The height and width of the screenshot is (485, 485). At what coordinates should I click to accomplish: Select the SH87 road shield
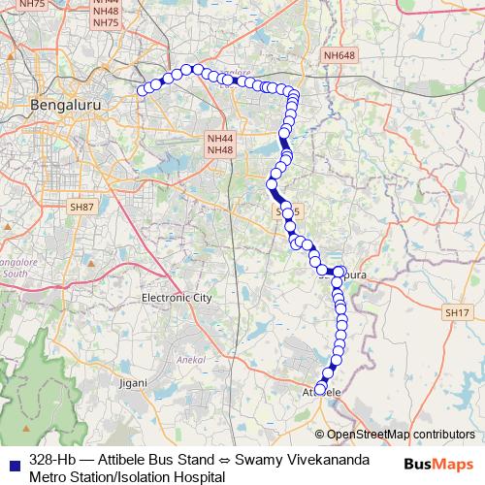pyautogui.click(x=81, y=207)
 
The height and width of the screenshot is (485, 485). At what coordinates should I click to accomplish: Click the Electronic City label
pyautogui.click(x=176, y=298)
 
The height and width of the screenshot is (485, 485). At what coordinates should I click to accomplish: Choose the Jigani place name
pyautogui.click(x=133, y=384)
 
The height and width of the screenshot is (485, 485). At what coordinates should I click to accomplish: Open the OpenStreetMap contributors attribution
pyautogui.click(x=401, y=435)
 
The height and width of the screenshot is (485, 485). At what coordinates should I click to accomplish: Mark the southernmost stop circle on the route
pyautogui.click(x=321, y=390)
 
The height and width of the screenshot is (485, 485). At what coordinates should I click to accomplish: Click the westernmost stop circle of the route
pyautogui.click(x=143, y=91)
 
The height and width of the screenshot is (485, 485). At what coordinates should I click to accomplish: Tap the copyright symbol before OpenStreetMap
pyautogui.click(x=321, y=435)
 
